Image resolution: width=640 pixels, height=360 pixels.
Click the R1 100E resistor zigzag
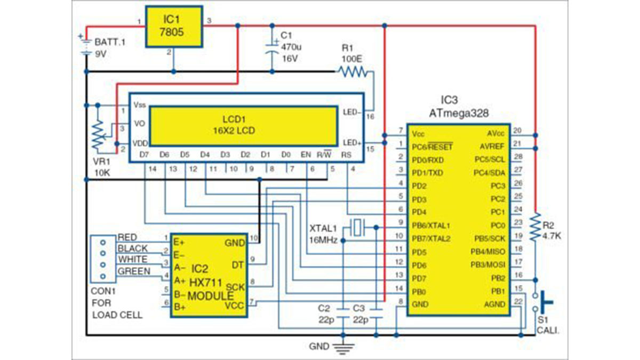coord(353,71)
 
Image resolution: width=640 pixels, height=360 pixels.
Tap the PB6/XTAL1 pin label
coord(431,226)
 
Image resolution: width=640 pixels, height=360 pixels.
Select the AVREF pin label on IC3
coord(490,146)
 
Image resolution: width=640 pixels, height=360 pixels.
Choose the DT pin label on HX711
coord(238,264)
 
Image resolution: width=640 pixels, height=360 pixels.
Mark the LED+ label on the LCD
coord(350,143)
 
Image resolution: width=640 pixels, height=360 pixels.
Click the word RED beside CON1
coord(128,237)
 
